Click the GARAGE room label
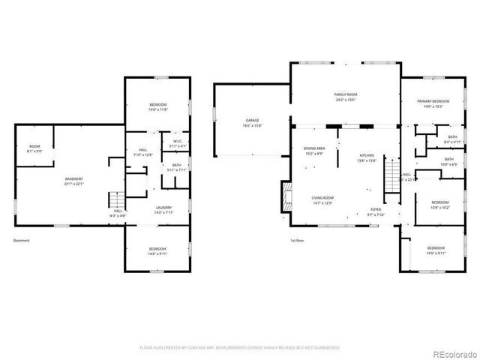tap(252, 120)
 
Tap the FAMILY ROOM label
tap(344, 94)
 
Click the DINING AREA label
tap(313, 148)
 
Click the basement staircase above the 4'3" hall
tap(115, 200)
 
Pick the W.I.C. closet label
tap(178, 141)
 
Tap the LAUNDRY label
tap(163, 207)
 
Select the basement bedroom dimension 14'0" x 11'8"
tap(157, 109)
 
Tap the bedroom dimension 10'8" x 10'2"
tap(439, 207)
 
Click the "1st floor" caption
tap(298, 241)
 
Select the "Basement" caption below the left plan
tap(22, 241)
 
